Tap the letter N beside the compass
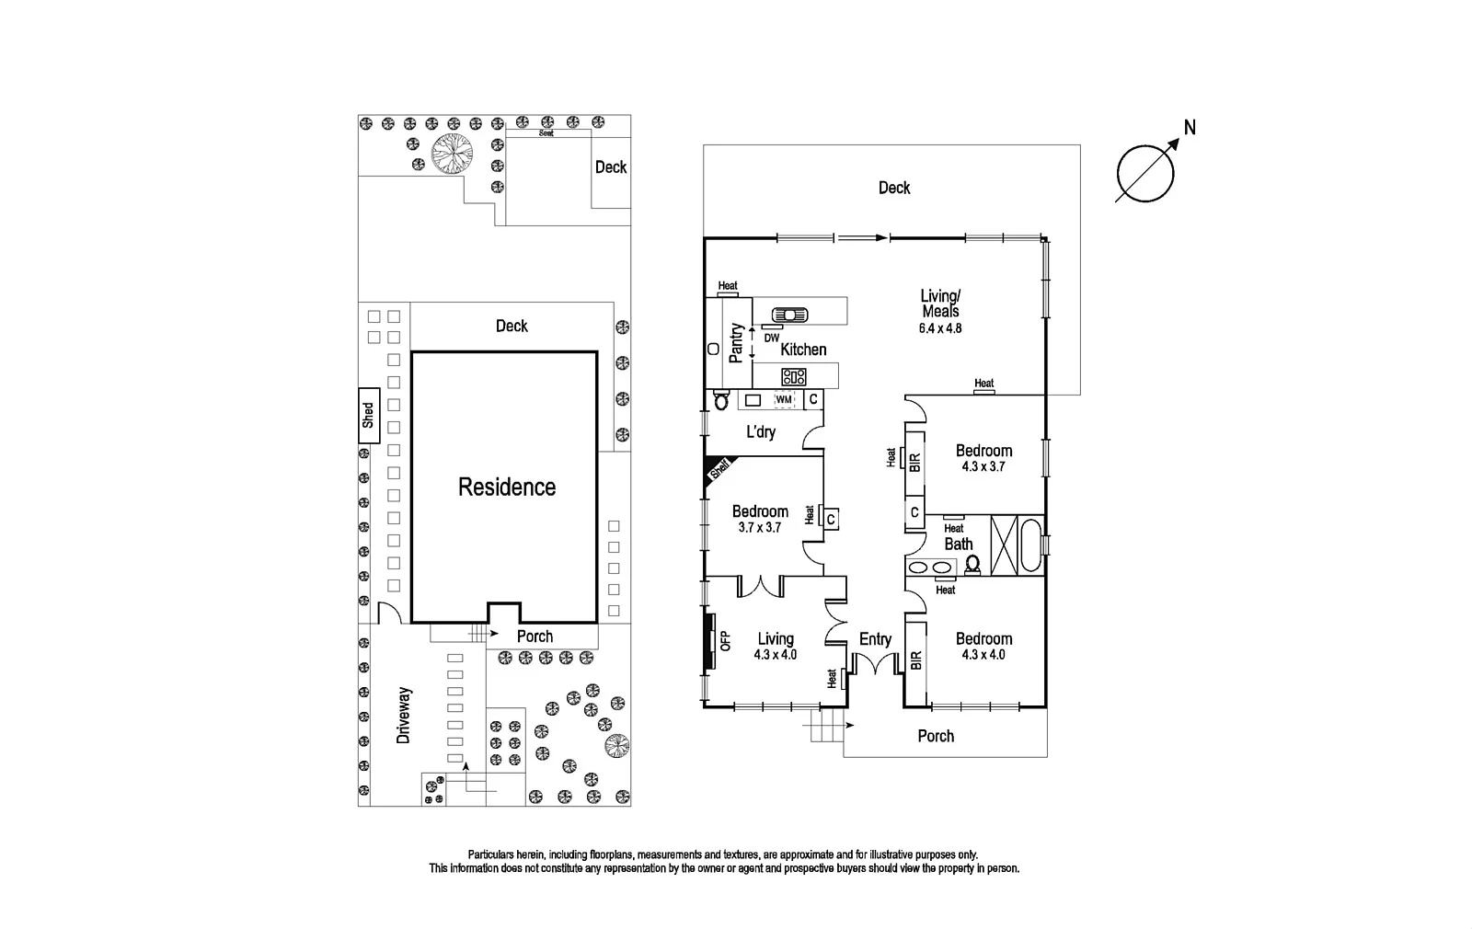click(x=1190, y=128)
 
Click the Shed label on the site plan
click(x=368, y=415)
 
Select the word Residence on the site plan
click(x=507, y=487)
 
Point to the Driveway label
click(x=404, y=716)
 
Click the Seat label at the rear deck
click(x=546, y=132)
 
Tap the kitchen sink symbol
click(x=789, y=315)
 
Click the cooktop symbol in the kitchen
click(x=794, y=376)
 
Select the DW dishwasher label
click(x=772, y=338)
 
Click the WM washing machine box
click(x=784, y=399)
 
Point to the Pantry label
click(x=736, y=343)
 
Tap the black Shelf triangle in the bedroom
click(x=717, y=470)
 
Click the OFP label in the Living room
click(x=726, y=640)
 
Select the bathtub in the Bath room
click(x=1030, y=546)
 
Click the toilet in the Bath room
click(x=972, y=565)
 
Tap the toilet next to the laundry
click(x=721, y=399)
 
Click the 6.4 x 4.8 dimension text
click(x=940, y=327)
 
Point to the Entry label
click(x=875, y=639)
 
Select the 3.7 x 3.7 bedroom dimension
click(x=760, y=527)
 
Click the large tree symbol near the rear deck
click(x=452, y=153)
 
